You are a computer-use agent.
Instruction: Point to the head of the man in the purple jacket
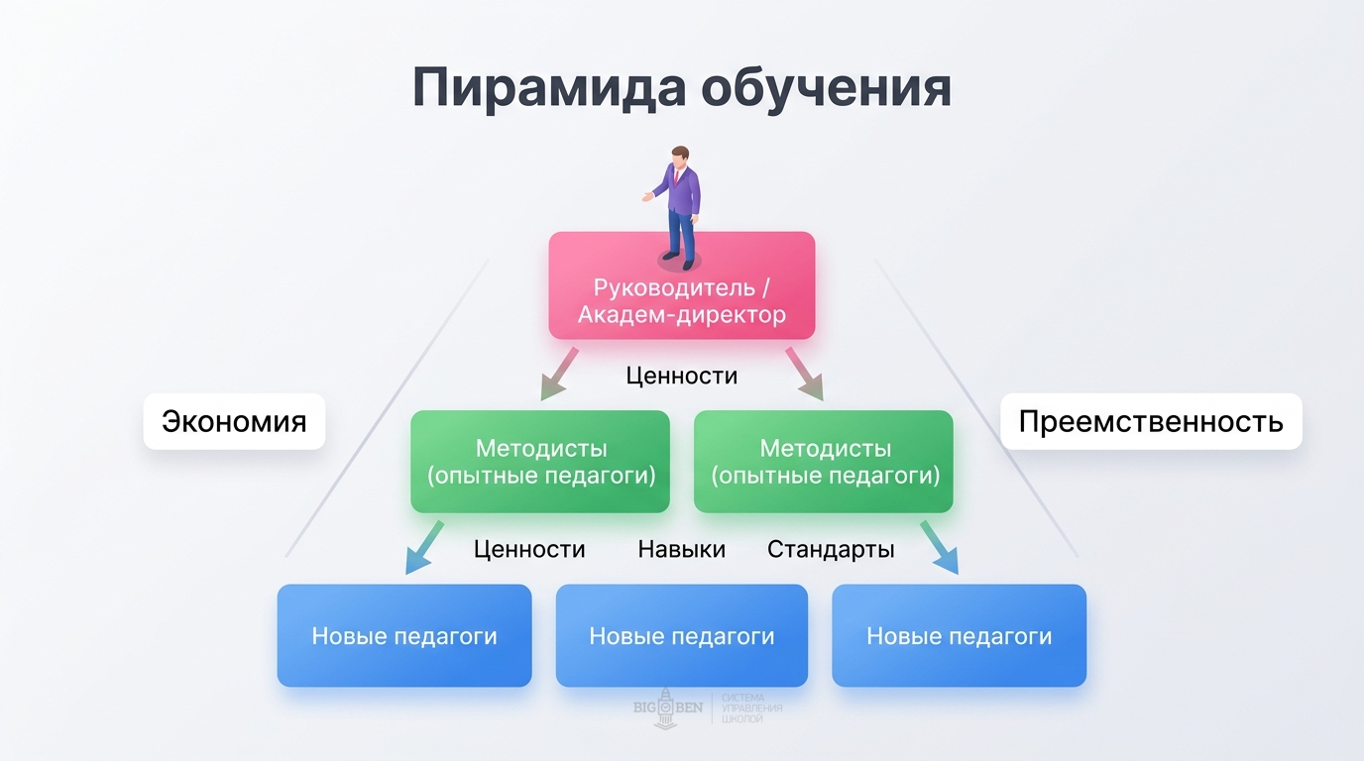(679, 157)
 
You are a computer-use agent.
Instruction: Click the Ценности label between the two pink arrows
(682, 377)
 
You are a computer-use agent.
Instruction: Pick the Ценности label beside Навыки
(529, 549)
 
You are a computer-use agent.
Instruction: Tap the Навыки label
(682, 549)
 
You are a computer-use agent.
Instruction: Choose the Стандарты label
(831, 549)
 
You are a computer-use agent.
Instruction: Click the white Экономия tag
(234, 421)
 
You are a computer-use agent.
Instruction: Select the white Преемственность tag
(1151, 421)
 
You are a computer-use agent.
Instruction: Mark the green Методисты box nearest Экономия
(540, 462)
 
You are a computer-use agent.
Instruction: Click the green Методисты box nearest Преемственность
(824, 462)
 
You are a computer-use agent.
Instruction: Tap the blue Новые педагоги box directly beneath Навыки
(682, 635)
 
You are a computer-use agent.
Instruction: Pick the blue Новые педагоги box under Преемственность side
(959, 635)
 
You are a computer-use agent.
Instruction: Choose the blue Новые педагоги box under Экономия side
(404, 635)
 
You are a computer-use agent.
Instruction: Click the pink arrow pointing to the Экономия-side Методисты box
(557, 373)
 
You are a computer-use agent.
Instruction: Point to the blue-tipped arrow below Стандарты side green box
(939, 547)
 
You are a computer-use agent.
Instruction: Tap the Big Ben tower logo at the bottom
(665, 707)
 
